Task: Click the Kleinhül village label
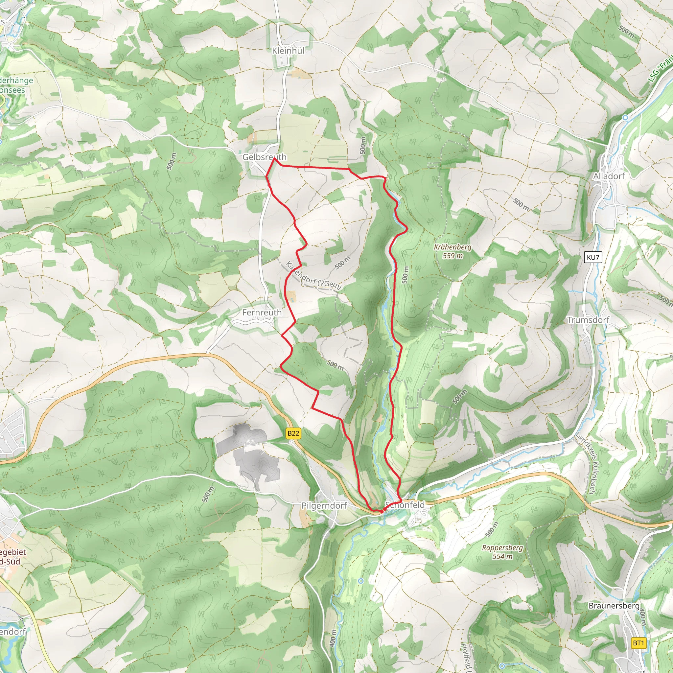[x=288, y=51]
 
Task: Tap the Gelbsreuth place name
[x=264, y=157]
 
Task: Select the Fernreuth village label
[x=262, y=313]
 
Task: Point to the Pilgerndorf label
[x=324, y=505]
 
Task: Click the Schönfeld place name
[x=405, y=505]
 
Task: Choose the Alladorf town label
[x=609, y=176]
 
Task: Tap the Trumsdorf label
[x=588, y=320]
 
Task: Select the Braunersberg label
[x=614, y=606]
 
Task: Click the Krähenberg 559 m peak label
[x=453, y=251]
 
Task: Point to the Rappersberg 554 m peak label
[x=502, y=552]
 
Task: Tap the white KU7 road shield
[x=593, y=257]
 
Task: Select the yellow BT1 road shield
[x=638, y=643]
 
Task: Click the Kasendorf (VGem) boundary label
[x=313, y=275]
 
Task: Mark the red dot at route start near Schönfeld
[x=382, y=511]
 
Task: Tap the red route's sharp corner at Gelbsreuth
[x=275, y=158]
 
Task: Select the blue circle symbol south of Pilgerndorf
[x=360, y=581]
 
